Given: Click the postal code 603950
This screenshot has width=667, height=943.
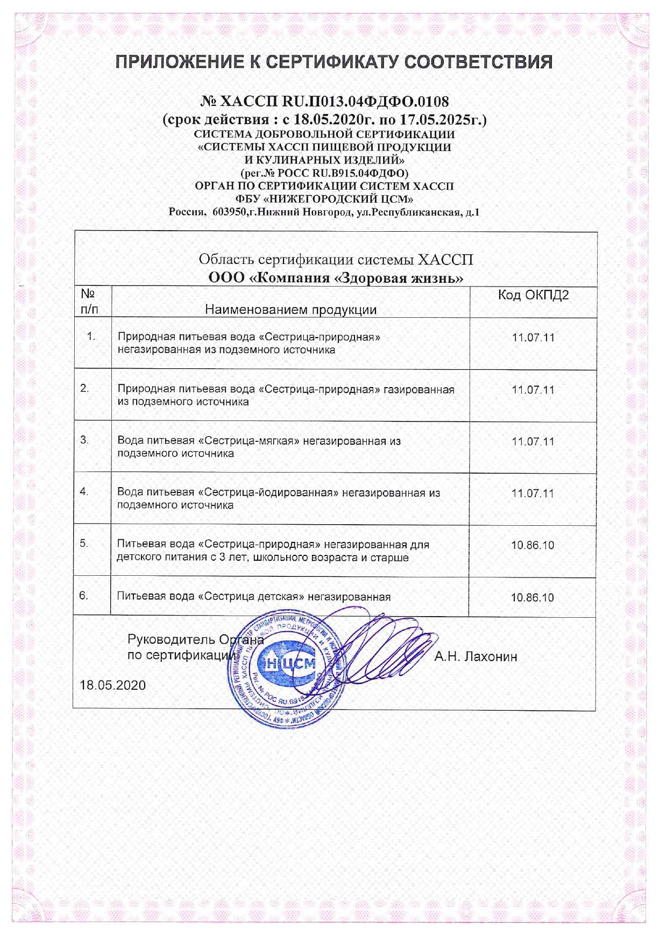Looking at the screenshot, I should click(x=229, y=212).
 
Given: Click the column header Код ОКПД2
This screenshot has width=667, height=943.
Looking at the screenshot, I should click(x=533, y=295).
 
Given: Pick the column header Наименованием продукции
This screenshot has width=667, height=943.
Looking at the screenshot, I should click(x=290, y=310).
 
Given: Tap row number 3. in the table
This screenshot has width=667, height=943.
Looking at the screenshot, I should click(x=84, y=440).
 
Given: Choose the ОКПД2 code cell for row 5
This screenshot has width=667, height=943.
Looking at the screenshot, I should click(x=533, y=545).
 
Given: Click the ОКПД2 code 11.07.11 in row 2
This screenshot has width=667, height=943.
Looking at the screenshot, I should click(x=533, y=390).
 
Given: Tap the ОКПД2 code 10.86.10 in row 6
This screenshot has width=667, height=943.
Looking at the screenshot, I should click(x=533, y=597).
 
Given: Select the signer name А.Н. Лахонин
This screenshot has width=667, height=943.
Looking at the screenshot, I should click(x=476, y=656).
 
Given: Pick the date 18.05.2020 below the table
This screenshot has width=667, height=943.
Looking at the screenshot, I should click(x=113, y=685).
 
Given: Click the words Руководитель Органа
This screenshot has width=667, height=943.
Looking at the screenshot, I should click(x=195, y=640).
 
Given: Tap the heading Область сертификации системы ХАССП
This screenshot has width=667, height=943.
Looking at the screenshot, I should click(x=336, y=260).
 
